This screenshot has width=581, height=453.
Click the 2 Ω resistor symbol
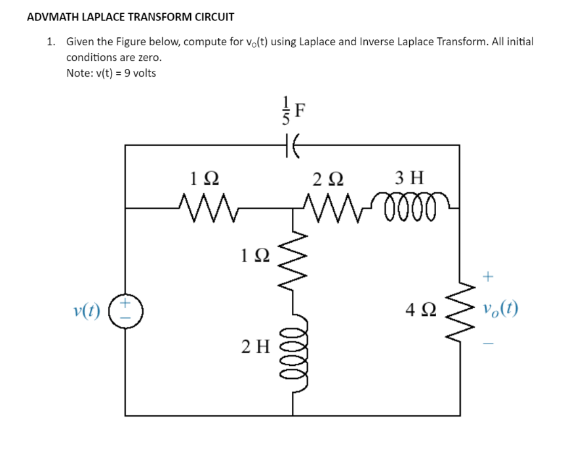click(x=334, y=208)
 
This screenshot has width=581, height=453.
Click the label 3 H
click(x=410, y=177)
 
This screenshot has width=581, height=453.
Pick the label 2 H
click(x=255, y=345)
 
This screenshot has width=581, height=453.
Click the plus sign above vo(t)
click(x=487, y=277)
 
